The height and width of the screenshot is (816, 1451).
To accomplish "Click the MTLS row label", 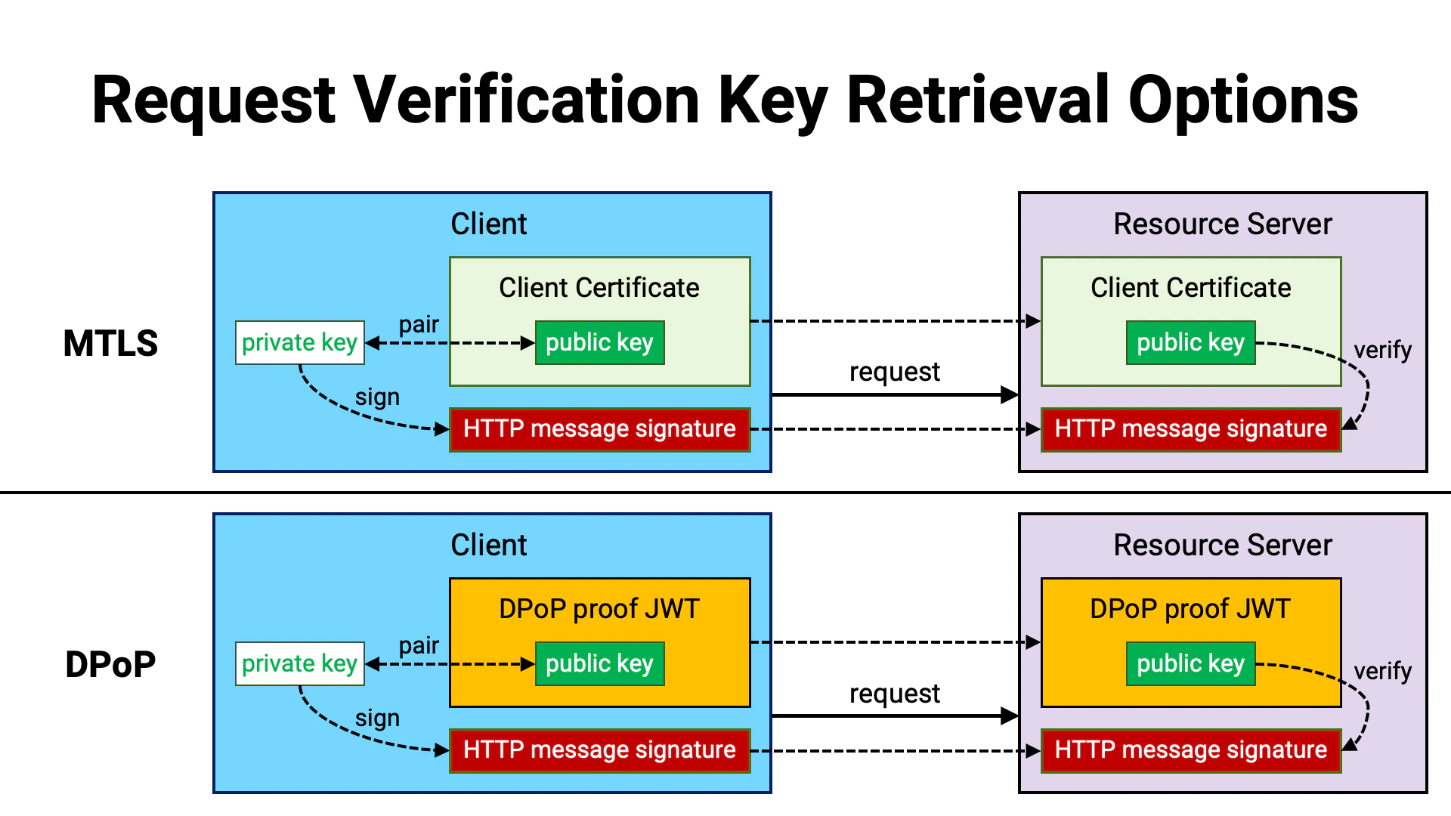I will pyautogui.click(x=110, y=343).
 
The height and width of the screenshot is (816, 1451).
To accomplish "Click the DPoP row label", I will pyautogui.click(x=110, y=665).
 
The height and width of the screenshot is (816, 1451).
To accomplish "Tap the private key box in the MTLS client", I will pyautogui.click(x=299, y=342).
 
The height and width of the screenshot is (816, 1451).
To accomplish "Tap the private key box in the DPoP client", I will pyautogui.click(x=299, y=663).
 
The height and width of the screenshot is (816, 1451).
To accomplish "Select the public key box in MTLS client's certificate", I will pyautogui.click(x=599, y=342).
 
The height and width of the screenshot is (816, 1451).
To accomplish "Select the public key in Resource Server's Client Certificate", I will pyautogui.click(x=1190, y=342).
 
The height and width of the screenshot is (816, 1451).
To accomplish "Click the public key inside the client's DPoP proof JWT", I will pyautogui.click(x=599, y=663).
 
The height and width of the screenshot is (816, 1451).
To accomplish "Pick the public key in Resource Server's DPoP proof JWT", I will pyautogui.click(x=1190, y=663).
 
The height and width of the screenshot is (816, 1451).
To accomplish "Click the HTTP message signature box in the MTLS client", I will pyautogui.click(x=599, y=429).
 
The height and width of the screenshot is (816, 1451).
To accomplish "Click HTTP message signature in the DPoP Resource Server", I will pyautogui.click(x=1190, y=750).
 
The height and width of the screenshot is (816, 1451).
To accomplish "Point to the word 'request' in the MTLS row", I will pyautogui.click(x=894, y=372).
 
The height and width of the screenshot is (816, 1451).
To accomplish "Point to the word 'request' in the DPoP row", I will pyautogui.click(x=894, y=694).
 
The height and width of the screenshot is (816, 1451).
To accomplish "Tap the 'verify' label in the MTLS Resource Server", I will pyautogui.click(x=1382, y=350).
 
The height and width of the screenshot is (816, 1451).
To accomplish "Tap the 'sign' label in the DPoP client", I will pyautogui.click(x=377, y=718).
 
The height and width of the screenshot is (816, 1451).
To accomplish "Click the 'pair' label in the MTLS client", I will pyautogui.click(x=419, y=324).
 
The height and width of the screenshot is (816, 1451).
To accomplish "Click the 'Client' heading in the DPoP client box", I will pyautogui.click(x=488, y=545).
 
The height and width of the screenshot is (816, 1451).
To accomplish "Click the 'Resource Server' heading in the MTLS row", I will pyautogui.click(x=1222, y=224).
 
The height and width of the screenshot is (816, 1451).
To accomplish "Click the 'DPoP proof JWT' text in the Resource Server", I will pyautogui.click(x=1190, y=608).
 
